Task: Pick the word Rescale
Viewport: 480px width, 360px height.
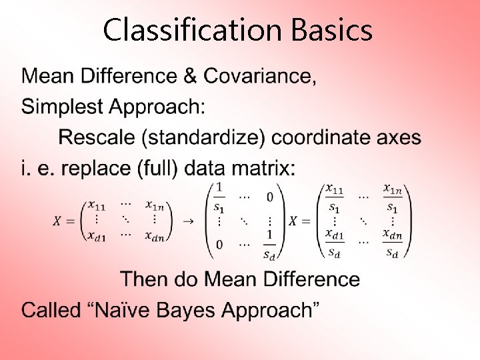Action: pos(97,137)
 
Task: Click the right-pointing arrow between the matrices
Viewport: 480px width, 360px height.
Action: pos(188,221)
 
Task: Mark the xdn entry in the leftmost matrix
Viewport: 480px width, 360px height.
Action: pos(157,235)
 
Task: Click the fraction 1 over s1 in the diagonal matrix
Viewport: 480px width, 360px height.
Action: pos(219,197)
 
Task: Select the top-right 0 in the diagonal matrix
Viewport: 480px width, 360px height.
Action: pos(269,197)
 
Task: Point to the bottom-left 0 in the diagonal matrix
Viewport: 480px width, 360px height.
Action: pos(219,245)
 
